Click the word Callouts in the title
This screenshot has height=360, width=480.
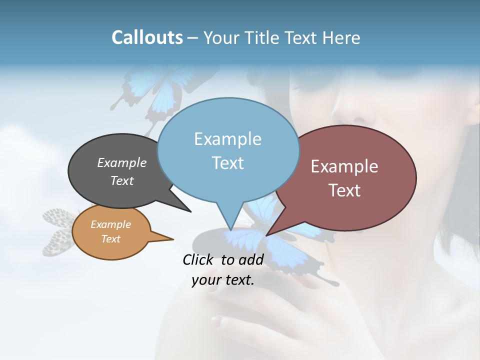[x=147, y=37]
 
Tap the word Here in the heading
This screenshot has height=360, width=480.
[x=341, y=37]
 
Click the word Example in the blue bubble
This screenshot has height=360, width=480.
[x=227, y=139]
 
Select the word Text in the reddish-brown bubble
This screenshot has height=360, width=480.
[x=344, y=190]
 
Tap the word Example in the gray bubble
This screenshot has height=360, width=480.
[x=121, y=163]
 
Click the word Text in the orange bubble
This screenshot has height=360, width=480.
[x=110, y=239]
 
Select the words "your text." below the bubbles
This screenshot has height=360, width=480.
[x=222, y=280]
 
